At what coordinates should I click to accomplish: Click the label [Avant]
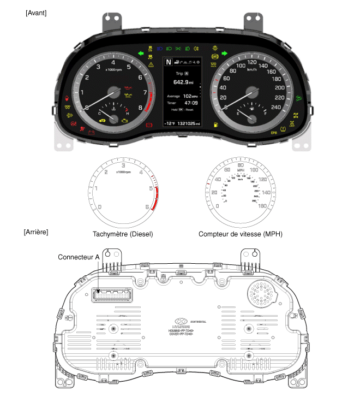[36, 13]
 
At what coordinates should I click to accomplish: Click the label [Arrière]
[36, 232]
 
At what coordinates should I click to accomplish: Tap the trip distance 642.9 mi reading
[183, 82]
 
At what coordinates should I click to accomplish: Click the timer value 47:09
[191, 102]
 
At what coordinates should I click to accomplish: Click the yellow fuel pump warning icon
[217, 125]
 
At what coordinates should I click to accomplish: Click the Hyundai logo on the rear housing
[181, 321]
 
